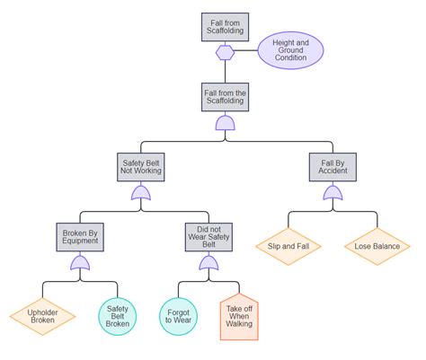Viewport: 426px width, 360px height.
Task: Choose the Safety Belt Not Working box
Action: pyautogui.click(x=141, y=167)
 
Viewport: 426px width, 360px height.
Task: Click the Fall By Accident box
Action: pyautogui.click(x=333, y=167)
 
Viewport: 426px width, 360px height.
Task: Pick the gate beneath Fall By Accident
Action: pyautogui.click(x=333, y=193)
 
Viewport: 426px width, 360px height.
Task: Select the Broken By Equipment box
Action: pyautogui.click(x=80, y=238)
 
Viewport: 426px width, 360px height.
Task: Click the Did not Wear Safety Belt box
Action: pyautogui.click(x=209, y=238)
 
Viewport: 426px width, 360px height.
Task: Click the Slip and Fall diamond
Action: pyautogui.click(x=288, y=245)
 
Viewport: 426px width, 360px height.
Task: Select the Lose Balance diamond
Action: pyautogui.click(x=377, y=245)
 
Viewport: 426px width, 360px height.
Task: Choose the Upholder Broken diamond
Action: pyautogui.click(x=44, y=316)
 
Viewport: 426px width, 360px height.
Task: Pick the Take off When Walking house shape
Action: pyautogui.click(x=239, y=317)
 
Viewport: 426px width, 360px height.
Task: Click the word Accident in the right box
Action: pyautogui.click(x=333, y=172)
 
